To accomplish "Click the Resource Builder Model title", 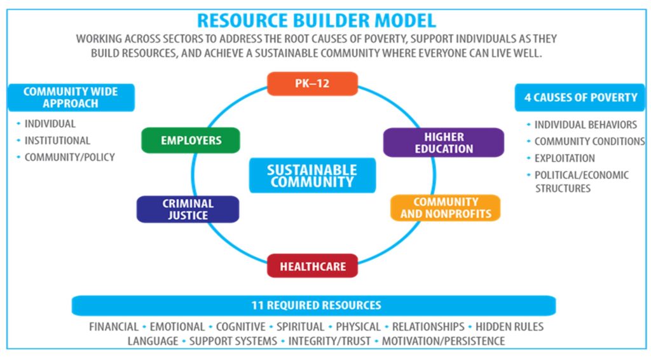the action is [317, 20].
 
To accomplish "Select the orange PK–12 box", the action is [312, 83].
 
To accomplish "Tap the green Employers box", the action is [191, 141].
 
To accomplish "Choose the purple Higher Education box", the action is [443, 142].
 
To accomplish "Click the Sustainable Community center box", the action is [312, 176].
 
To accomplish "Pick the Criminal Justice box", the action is [188, 209].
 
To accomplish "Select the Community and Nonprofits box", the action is [446, 207].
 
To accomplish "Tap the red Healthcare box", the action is [312, 266].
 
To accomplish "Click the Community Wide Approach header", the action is [71, 97].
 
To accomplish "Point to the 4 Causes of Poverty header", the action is [580, 97].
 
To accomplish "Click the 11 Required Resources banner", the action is [314, 305].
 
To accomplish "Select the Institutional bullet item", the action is [57, 141].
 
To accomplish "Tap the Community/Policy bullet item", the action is [70, 157].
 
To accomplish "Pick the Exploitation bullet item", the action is [565, 158].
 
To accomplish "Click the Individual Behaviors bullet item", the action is [586, 125].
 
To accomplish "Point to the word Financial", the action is [114, 327].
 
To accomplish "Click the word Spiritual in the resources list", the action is [300, 327].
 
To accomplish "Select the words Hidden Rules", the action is [509, 327].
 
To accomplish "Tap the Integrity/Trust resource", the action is [329, 342].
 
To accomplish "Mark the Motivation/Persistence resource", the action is [443, 342].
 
